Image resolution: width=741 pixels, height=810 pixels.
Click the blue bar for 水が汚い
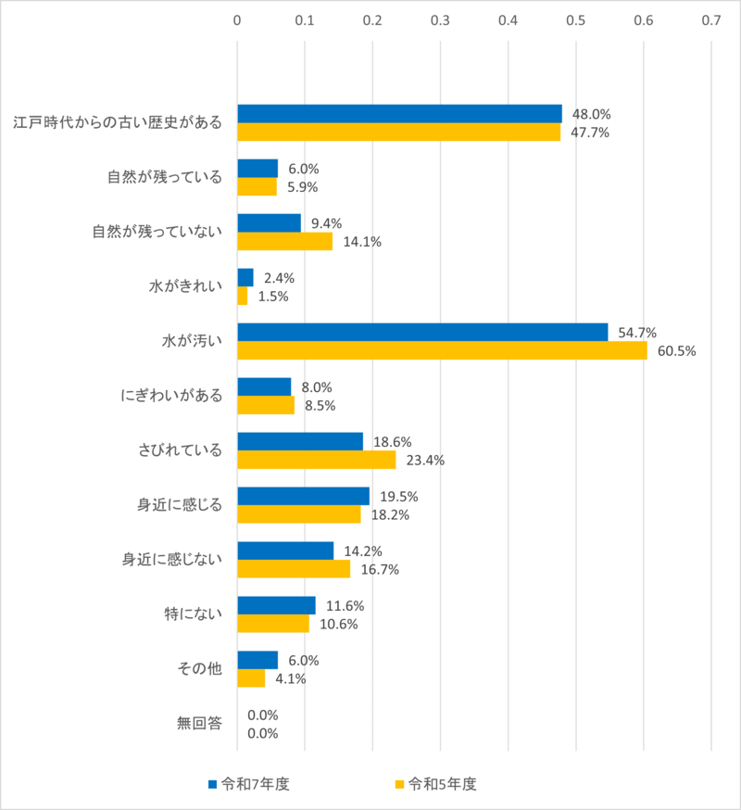[x=422, y=332]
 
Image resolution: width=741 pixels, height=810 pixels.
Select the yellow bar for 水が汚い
[x=442, y=350]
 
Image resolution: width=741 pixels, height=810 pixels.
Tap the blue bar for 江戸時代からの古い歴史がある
[x=399, y=114]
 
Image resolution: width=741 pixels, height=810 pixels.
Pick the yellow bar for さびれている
[x=316, y=460]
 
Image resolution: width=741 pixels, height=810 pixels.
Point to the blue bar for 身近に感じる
[x=303, y=496]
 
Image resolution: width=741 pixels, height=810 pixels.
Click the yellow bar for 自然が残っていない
[x=284, y=241]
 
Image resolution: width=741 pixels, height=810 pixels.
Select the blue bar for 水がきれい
[x=245, y=277]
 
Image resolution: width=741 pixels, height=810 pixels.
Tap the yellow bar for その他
[x=251, y=677]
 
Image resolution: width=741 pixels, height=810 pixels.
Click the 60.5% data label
[x=677, y=351]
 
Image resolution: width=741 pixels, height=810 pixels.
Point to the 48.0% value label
[x=592, y=114]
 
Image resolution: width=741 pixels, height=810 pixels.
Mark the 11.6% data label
[x=345, y=605]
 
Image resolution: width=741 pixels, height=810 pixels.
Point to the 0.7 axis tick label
[x=711, y=19]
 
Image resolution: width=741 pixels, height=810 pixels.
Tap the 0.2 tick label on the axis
[x=372, y=19]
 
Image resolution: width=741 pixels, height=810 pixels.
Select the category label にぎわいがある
[x=172, y=396]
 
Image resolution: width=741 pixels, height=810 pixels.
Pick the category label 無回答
[x=200, y=723]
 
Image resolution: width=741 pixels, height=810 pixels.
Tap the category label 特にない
[x=193, y=614]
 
